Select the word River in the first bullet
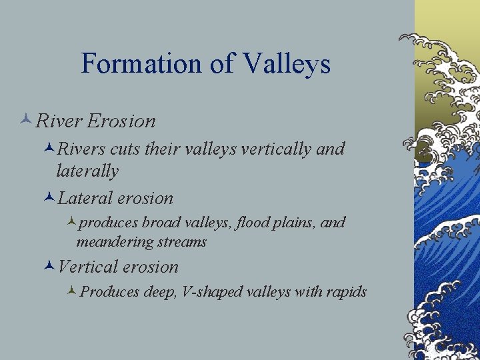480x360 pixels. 59,121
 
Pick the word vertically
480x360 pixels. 275,149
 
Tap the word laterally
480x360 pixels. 87,171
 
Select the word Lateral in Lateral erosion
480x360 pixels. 85,198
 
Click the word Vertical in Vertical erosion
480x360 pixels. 87,267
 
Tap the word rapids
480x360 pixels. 345,292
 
